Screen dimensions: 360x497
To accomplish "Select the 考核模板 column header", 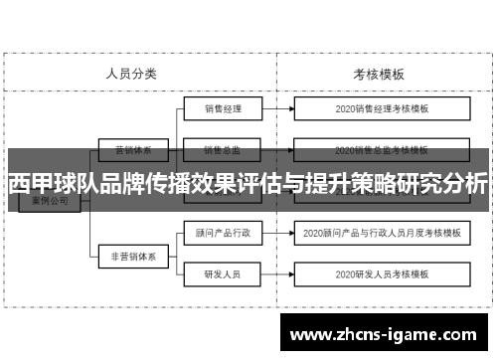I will click(x=379, y=73).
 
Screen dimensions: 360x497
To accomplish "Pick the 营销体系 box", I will click(x=131, y=151).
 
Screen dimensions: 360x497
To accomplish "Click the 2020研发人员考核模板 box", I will click(x=382, y=273).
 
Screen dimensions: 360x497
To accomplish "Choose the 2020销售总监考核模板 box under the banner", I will click(x=382, y=151).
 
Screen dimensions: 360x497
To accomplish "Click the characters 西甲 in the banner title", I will click(x=30, y=185).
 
